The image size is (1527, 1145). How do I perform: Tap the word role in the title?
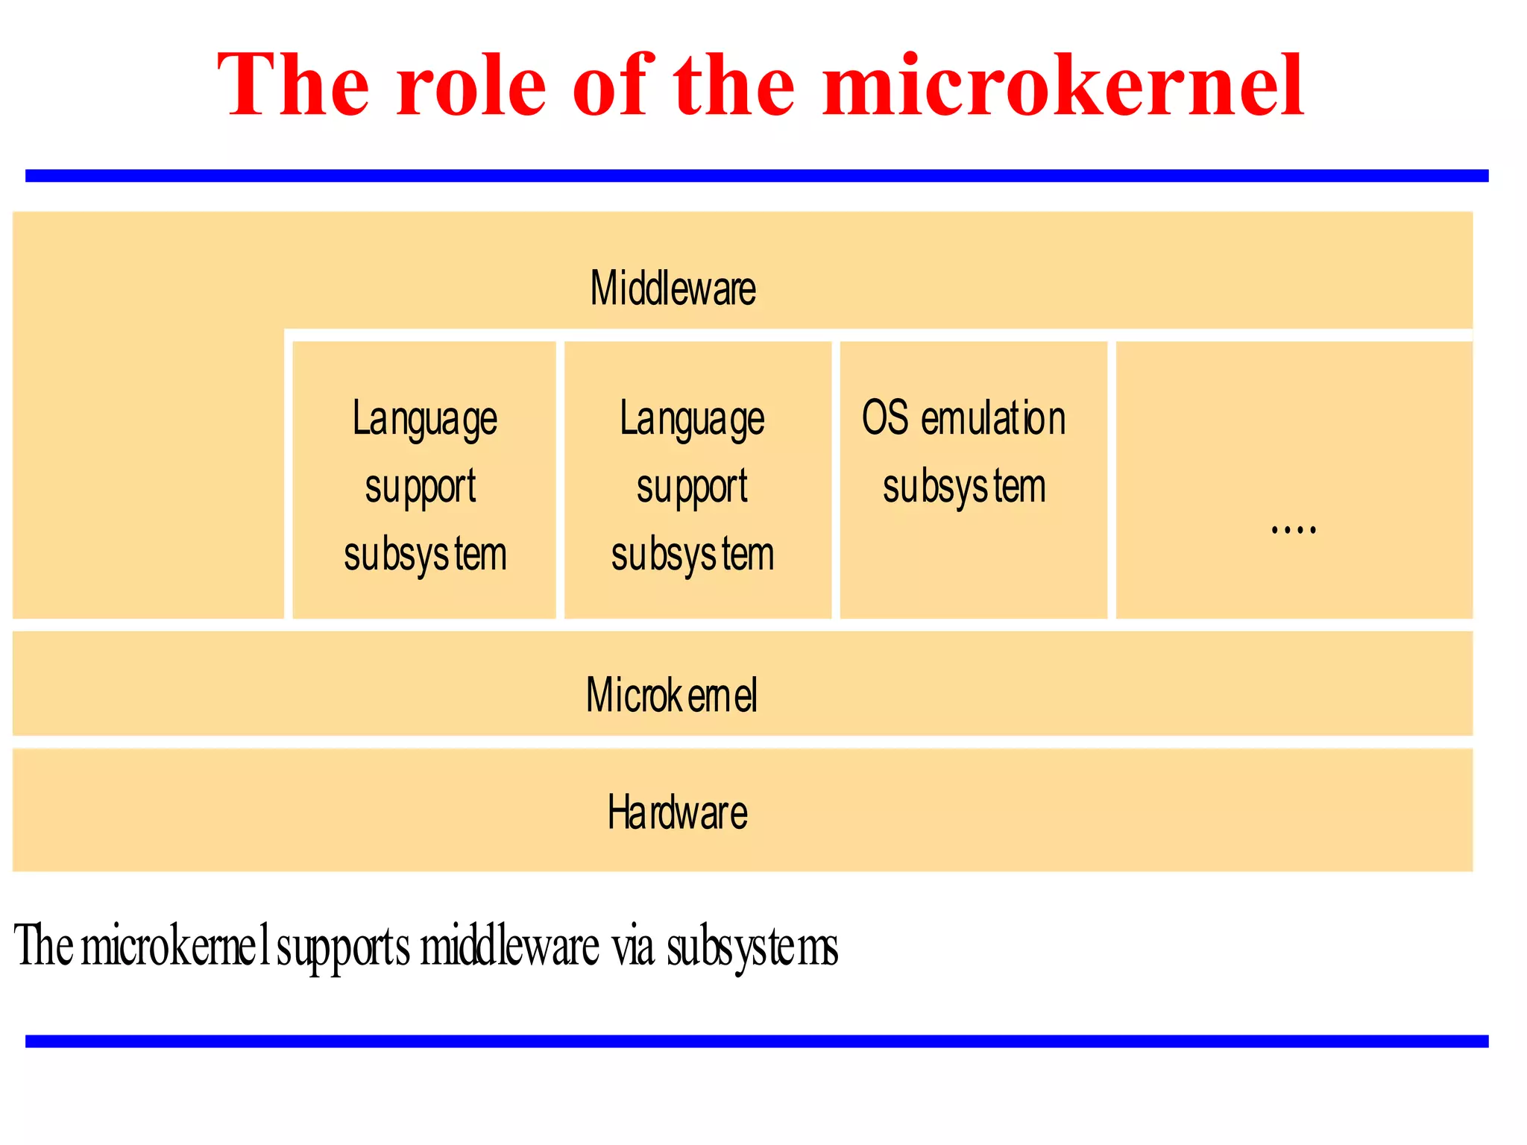click(471, 86)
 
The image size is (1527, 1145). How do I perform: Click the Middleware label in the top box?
click(673, 288)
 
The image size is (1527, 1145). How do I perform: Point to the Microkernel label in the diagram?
click(671, 695)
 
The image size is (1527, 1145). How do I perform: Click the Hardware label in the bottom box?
click(677, 813)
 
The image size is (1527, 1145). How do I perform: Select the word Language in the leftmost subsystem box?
click(424, 419)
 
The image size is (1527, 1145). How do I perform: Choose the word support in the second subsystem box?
click(692, 488)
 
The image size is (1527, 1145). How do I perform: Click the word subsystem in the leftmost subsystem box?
click(425, 555)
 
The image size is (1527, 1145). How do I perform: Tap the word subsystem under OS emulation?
click(964, 488)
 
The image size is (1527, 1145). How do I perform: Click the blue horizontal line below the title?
click(757, 176)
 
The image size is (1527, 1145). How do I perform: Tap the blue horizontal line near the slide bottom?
click(757, 1041)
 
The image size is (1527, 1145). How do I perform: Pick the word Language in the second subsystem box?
click(692, 419)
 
